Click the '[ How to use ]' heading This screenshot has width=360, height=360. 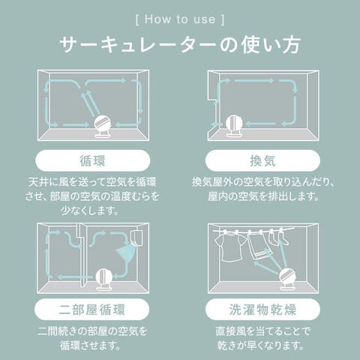pos(180,19)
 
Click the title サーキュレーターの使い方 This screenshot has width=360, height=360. pos(180,45)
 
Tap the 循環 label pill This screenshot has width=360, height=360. pos(93,160)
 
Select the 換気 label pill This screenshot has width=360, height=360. pos(262,160)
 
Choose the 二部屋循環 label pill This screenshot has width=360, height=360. pos(92,309)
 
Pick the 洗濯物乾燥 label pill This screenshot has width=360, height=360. pos(262,309)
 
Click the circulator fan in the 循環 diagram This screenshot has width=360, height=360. pos(103,127)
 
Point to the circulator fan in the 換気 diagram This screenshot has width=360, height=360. pos(234,126)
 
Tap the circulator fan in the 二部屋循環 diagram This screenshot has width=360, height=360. pos(104,279)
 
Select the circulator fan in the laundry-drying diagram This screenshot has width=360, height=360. pos(288,278)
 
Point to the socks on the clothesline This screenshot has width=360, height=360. pos(278,238)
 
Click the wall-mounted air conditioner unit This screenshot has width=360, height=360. pos(136,238)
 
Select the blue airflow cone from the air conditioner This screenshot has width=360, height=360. pos(125,253)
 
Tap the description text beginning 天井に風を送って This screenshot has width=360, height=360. pos(92,196)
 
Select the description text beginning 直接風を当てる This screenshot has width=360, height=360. pos(262,338)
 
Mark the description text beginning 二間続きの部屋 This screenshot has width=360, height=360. pos(92,338)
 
